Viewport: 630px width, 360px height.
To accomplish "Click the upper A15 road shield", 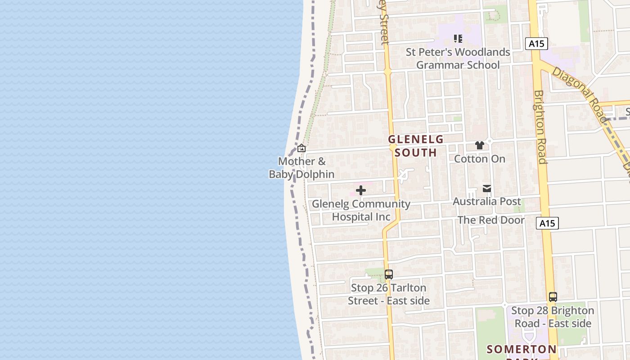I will tap(536, 44).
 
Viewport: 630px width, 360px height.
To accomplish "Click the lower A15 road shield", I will tap(547, 223).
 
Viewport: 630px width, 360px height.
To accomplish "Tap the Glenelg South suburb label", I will tap(416, 146).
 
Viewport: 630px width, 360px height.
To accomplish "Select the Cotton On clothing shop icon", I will tap(480, 145).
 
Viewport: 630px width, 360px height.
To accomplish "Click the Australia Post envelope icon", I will tap(487, 189).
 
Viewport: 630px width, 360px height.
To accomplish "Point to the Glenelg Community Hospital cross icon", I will tap(361, 191).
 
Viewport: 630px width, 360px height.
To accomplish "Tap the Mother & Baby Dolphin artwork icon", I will tap(301, 148).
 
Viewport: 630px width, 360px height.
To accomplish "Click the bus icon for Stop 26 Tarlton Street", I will tap(389, 274).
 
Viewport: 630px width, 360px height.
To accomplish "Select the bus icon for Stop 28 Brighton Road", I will tap(553, 297).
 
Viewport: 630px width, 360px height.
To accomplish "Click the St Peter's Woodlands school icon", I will tap(458, 39).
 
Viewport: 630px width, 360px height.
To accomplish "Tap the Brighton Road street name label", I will tap(540, 127).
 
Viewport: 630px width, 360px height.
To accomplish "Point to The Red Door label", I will tap(491, 220).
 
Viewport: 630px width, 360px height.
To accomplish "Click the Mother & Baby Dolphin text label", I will tap(301, 167).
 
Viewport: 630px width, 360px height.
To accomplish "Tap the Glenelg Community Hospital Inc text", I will tap(361, 210).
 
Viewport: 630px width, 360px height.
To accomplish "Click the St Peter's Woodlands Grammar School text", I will tap(458, 58).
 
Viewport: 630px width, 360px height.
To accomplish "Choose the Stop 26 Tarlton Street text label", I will tap(389, 294).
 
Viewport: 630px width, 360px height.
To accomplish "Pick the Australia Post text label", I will tap(487, 201).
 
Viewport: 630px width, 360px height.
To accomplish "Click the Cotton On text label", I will tap(480, 159).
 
